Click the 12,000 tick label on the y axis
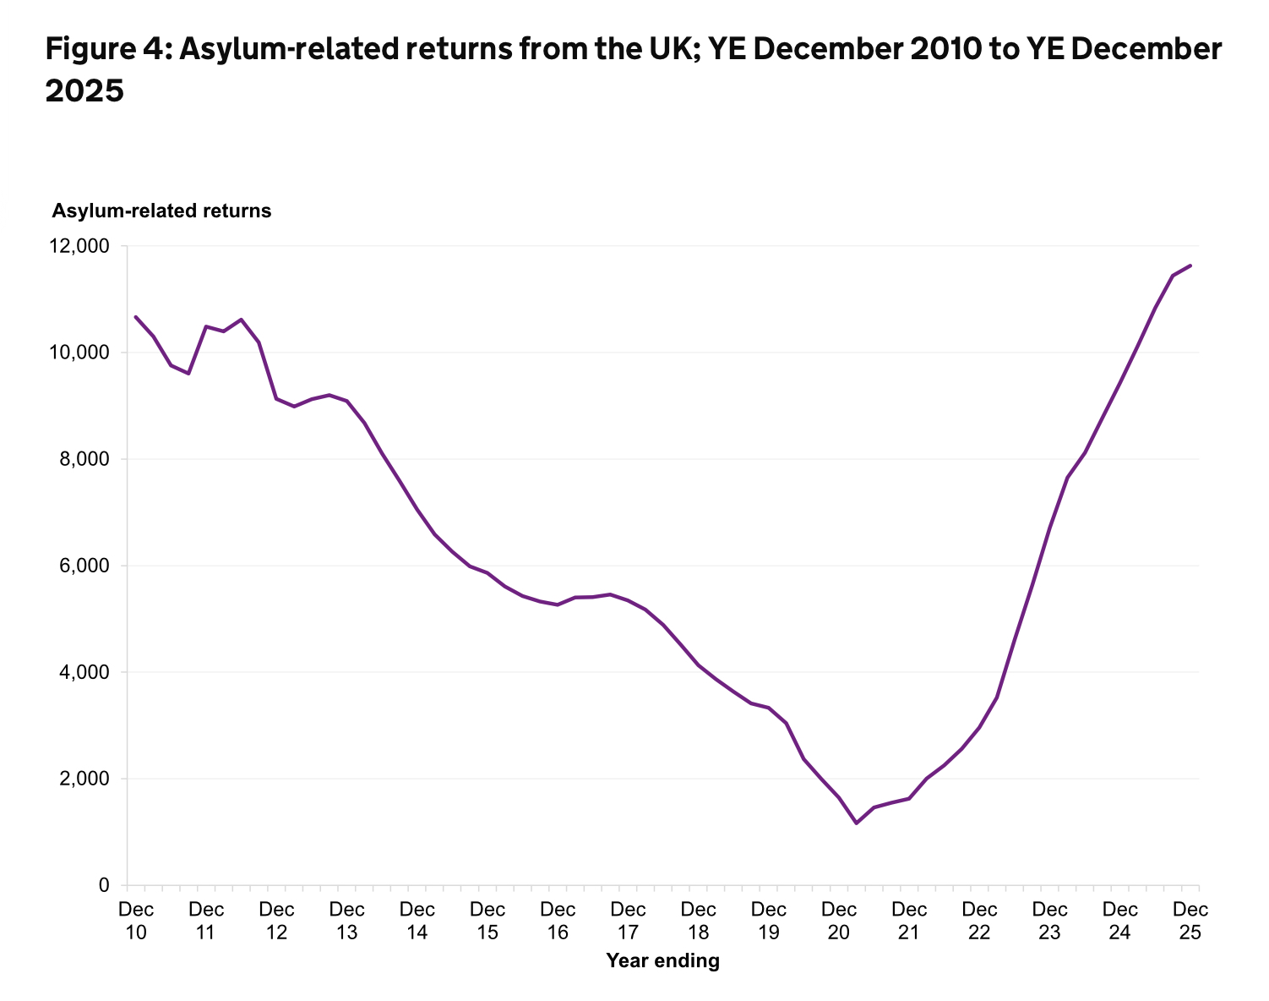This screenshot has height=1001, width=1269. coord(80,246)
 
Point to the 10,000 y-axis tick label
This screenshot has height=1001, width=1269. coord(80,353)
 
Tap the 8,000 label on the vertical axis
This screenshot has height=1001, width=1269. coord(84,459)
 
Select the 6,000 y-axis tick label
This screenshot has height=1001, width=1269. coord(84,566)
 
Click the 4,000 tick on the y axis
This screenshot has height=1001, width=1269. coord(84,672)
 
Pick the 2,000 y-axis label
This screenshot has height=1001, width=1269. coord(84,779)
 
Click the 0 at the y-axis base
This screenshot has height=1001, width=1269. coord(104,885)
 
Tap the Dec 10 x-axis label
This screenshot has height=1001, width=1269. coord(136,921)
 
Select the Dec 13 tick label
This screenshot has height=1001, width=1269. coord(347,921)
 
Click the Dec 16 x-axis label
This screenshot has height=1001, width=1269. coord(558,921)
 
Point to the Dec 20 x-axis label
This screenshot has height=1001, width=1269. coord(839,921)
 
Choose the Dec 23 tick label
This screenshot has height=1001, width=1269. coord(1050,921)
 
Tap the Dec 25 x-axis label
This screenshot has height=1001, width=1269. coord(1190,921)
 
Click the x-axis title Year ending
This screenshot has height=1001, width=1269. coord(663,960)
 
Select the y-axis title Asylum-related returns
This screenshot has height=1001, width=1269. coord(162,211)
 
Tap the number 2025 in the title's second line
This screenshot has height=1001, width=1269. coord(84,91)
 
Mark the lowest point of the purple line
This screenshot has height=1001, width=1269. coord(856,823)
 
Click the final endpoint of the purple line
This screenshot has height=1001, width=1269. coord(1190,265)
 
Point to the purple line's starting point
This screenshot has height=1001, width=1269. coord(136,317)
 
